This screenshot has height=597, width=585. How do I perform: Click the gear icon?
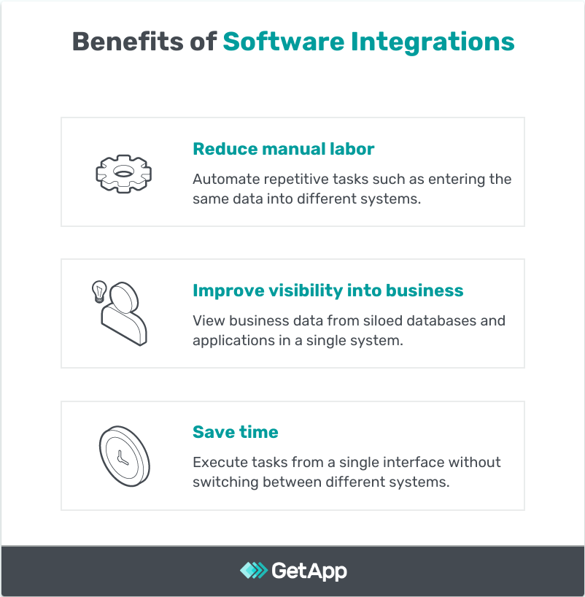point(122,173)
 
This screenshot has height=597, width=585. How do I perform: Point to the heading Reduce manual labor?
point(283,149)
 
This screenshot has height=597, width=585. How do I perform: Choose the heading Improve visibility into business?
point(328,290)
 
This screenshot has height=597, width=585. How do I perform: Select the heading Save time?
point(235,432)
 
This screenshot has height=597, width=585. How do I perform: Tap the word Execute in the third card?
point(217,463)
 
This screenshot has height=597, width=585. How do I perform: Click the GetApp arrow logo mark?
point(253,570)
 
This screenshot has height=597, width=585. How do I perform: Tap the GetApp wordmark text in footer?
point(309,570)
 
